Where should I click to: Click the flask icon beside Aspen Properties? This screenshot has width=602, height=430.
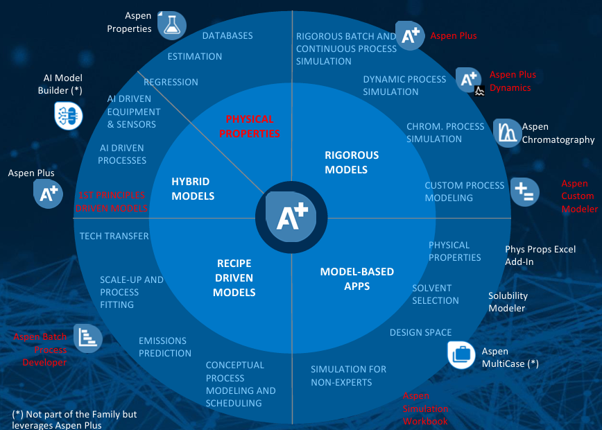172,25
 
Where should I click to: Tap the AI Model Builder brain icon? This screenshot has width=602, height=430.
69,115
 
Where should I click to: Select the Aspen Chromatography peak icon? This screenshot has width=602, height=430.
507,132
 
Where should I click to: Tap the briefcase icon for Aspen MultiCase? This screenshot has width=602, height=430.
461,354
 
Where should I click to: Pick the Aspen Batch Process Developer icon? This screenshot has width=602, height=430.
88,338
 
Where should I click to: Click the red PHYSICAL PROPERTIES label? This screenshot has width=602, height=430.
250,126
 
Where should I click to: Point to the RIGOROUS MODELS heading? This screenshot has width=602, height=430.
352,162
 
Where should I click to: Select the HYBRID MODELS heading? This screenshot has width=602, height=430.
193,189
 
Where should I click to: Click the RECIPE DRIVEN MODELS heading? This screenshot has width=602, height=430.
234,278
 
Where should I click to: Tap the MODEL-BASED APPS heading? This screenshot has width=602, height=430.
356,278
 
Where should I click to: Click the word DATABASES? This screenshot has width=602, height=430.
227,35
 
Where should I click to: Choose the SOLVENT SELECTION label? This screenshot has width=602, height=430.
436,294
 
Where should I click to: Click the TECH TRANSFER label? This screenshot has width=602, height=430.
114,236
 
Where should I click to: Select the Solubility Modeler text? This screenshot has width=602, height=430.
508,302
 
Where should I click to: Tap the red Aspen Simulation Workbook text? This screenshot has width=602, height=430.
425,409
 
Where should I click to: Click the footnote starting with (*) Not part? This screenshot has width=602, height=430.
74,420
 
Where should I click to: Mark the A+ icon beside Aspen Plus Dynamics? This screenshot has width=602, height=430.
469,80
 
